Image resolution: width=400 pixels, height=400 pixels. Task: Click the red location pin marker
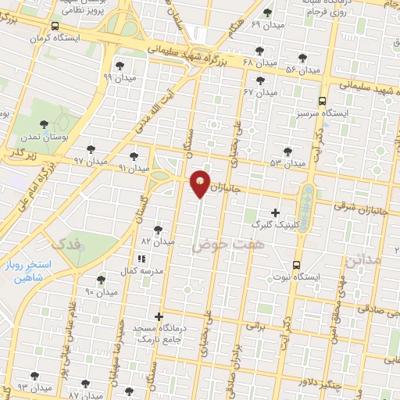(201, 183)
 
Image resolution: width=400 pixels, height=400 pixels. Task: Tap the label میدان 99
(119, 77)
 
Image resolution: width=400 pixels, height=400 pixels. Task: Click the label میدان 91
(132, 167)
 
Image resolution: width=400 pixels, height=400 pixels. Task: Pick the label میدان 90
(101, 291)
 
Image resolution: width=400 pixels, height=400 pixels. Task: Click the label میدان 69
(266, 24)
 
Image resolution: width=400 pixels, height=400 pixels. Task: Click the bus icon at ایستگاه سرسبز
(322, 101)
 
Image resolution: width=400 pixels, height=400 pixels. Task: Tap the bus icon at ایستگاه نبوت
(296, 264)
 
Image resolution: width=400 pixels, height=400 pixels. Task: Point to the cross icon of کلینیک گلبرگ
(275, 212)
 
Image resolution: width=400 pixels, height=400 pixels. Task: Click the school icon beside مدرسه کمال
(141, 258)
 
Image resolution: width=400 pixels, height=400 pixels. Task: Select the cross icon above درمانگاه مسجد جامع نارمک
(159, 316)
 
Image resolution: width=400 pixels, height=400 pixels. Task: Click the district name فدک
(65, 245)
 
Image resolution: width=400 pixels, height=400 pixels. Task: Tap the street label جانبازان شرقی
(355, 207)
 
